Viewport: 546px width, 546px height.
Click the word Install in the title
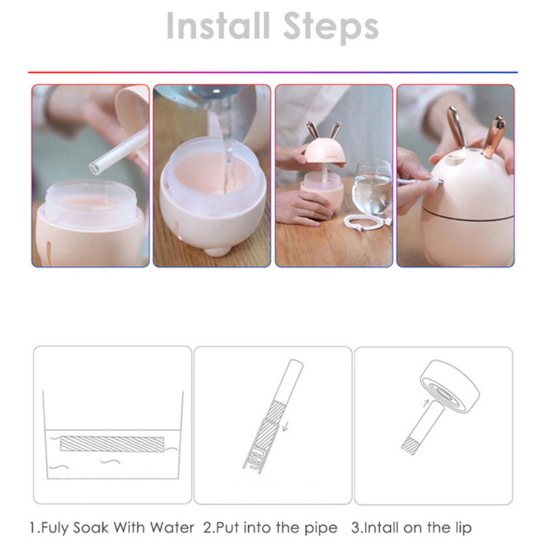click(x=218, y=26)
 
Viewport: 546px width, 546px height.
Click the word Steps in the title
click(x=330, y=28)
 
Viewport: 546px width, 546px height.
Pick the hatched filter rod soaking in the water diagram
click(x=112, y=444)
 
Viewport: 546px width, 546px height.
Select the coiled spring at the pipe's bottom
click(x=257, y=459)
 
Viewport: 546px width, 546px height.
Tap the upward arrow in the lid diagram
click(x=426, y=403)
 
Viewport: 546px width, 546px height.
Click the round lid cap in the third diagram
click(x=450, y=386)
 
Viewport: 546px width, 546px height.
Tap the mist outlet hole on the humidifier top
click(x=455, y=160)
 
